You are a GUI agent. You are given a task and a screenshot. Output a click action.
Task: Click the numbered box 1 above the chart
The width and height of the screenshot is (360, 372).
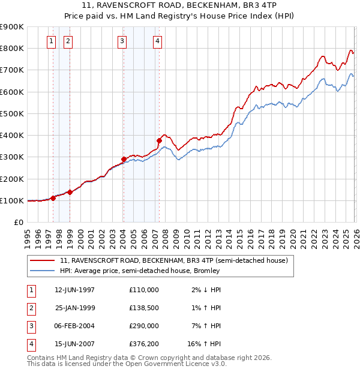point(52,41)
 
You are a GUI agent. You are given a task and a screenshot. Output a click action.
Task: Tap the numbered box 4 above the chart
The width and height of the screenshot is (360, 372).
point(157,41)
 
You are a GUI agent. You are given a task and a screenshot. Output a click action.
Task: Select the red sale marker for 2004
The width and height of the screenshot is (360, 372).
point(124,160)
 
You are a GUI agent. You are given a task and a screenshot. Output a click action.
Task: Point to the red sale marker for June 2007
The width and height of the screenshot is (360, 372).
point(160,141)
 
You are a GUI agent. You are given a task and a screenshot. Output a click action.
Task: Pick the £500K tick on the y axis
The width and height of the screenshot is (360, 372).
point(13,113)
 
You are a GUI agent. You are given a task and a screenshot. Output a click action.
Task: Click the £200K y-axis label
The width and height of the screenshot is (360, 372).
point(13,179)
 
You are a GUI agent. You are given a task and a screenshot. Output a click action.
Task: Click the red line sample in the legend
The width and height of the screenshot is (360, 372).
point(43,261)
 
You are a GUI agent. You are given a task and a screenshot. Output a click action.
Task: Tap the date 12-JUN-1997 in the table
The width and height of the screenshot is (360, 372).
point(75,290)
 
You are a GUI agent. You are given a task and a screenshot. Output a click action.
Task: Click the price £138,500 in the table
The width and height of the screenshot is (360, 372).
point(144,307)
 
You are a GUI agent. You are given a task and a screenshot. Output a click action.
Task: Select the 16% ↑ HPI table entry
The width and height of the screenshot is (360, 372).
point(204,344)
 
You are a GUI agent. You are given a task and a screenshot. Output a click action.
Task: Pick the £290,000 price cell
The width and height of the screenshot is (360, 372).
point(144,326)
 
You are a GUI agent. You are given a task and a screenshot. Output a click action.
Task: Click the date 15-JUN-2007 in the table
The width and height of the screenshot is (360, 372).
point(75,344)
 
